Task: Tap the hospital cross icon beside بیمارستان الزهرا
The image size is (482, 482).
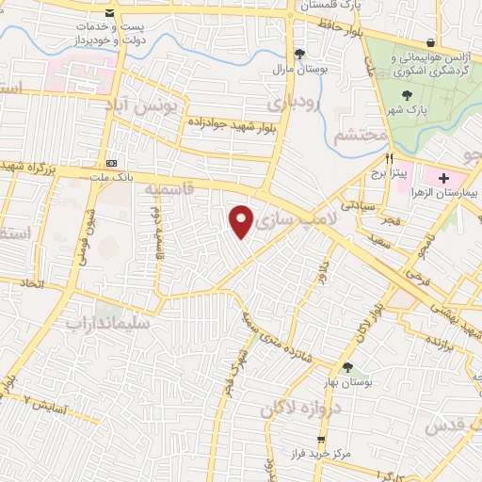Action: (x=443, y=178)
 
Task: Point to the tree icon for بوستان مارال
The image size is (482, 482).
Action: (x=299, y=54)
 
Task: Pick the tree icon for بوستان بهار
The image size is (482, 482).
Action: (x=347, y=367)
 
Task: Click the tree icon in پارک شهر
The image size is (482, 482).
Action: (x=407, y=95)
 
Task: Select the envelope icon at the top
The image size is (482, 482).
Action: (x=111, y=13)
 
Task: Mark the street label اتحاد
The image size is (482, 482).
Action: (x=33, y=282)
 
